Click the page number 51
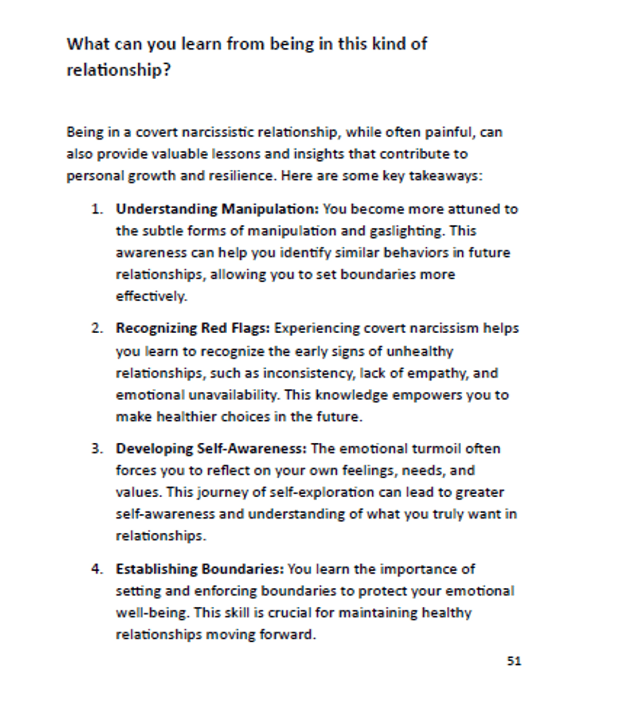click(514, 661)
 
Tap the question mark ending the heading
click(166, 69)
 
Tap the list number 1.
click(97, 209)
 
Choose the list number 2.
click(97, 328)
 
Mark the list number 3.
click(97, 448)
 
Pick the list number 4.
click(97, 569)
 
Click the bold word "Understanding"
click(167, 209)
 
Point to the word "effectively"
click(151, 296)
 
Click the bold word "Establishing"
click(156, 569)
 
